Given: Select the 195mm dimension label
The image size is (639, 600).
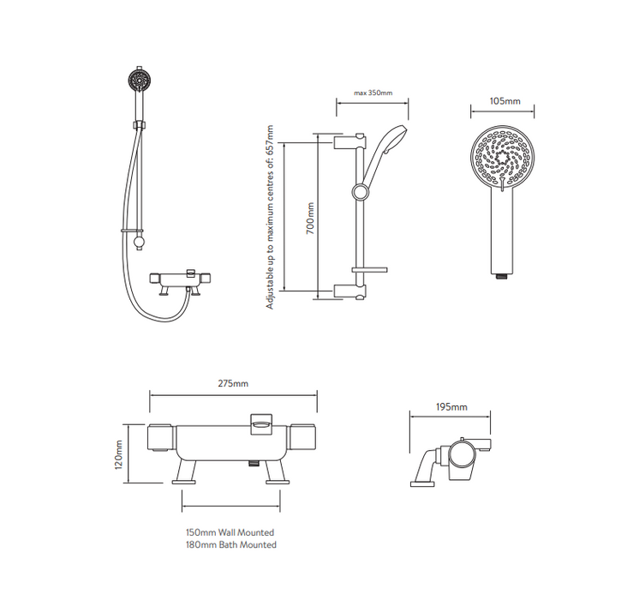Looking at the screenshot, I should [451, 406].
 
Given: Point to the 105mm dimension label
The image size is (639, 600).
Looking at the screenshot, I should [504, 101].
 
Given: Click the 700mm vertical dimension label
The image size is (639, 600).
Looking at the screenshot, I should [310, 218].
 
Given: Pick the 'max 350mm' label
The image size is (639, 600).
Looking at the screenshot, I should [373, 93].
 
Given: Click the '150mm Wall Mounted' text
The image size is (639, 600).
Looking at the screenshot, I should [231, 531].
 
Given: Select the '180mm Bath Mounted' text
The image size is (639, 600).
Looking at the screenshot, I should [231, 544].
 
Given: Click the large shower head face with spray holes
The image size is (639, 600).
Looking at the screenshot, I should [502, 159].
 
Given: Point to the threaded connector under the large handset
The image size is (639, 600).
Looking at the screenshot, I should [502, 275].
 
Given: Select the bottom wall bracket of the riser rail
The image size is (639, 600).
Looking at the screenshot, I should [349, 290].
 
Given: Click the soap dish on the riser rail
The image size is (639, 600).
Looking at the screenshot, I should [371, 269].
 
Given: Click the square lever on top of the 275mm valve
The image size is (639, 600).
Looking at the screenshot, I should [262, 421].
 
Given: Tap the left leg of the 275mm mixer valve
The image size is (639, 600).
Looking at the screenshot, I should [187, 471].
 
